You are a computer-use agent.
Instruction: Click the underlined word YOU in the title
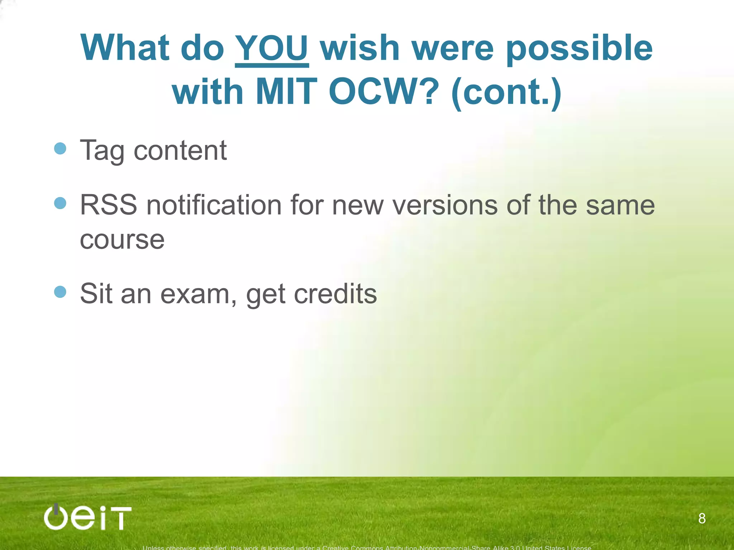[x=271, y=48]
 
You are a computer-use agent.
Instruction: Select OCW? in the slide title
[x=384, y=92]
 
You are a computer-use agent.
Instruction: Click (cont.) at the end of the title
[x=506, y=93]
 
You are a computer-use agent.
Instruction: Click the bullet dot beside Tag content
[x=60, y=149]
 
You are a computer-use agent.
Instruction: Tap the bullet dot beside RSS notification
[x=60, y=203]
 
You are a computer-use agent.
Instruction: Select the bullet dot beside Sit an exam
[x=60, y=292]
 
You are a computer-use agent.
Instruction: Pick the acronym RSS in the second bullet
[x=108, y=205]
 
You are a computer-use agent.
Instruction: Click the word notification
[x=214, y=205]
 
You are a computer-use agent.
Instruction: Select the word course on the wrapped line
[x=122, y=240]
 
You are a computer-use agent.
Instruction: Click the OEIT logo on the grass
[x=88, y=517]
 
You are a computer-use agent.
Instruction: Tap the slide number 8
[x=702, y=518]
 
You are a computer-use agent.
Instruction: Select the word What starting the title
[x=125, y=48]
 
